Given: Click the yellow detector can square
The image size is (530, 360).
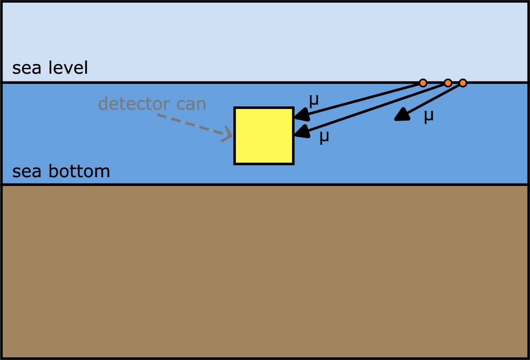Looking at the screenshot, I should (x=264, y=136).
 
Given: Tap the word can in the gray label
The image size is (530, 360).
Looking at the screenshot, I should (x=191, y=104).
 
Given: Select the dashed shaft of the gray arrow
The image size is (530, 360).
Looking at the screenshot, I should (x=189, y=124).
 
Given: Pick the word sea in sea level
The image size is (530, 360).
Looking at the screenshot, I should (x=27, y=68).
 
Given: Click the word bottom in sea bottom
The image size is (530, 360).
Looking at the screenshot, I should (x=79, y=171).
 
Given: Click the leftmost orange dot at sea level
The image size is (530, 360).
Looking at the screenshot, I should (x=423, y=83).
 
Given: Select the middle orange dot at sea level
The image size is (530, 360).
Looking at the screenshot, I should (x=448, y=83).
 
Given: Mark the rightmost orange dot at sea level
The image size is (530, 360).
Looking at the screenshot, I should (x=463, y=83).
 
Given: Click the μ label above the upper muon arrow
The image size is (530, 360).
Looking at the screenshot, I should (x=314, y=101).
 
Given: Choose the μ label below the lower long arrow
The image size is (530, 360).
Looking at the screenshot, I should (x=324, y=137).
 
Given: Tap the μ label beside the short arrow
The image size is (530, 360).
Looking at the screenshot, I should (x=429, y=116).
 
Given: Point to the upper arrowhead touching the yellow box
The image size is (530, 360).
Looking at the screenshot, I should (x=302, y=115).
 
